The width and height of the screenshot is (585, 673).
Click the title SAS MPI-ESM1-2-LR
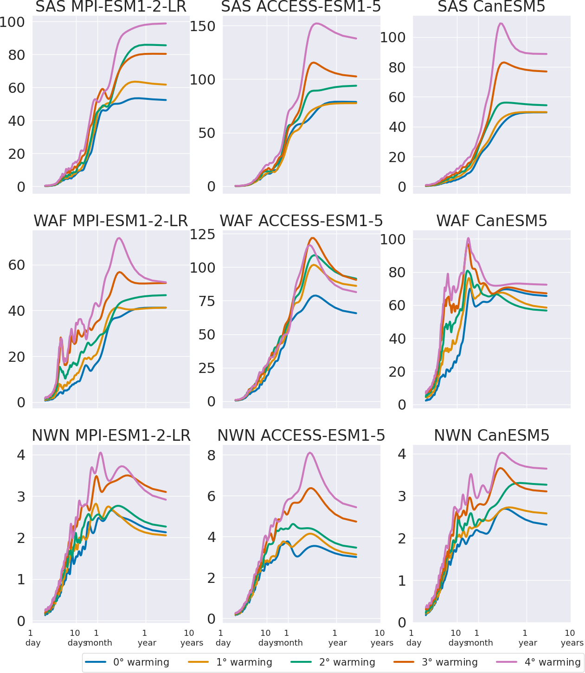coord(111,7)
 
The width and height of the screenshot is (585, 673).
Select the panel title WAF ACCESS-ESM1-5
coord(301,221)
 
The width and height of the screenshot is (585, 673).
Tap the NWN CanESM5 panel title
coord(491,436)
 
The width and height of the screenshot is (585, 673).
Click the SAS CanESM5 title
coord(491,7)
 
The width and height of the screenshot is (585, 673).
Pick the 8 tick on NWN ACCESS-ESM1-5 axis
coord(212,455)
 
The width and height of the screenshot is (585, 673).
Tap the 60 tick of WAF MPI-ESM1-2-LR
coord(18,265)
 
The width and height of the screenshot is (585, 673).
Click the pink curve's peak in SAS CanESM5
coord(501,23)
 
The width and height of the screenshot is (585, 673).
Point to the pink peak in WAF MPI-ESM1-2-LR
coord(119,238)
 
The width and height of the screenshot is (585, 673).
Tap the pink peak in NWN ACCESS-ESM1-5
coord(310,452)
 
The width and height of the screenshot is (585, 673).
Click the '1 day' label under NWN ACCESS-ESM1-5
coord(222,638)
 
